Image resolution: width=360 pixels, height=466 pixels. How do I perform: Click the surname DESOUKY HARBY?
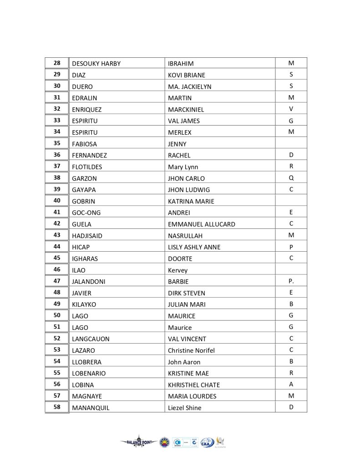point(96,64)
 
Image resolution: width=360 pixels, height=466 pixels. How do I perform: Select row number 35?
point(57,143)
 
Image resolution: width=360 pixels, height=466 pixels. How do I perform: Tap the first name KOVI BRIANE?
point(187,75)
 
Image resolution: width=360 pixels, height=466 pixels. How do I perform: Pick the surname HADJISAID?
point(88,236)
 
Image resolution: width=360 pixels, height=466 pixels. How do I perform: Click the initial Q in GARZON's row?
point(291,178)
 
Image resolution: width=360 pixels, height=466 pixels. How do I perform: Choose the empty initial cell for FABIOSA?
point(291,144)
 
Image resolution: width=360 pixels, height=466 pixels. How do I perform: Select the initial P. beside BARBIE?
point(291,281)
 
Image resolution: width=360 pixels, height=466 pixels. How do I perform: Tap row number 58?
point(57,407)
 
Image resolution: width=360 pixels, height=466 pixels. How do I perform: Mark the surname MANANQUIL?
point(91,408)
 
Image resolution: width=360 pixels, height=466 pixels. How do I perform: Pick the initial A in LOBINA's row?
point(291,384)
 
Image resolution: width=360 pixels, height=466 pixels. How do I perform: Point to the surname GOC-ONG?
point(86,213)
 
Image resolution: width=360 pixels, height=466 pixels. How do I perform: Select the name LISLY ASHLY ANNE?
point(194,247)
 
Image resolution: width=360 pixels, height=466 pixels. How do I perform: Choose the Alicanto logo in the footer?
point(221,441)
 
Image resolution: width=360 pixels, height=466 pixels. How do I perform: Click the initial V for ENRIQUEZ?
point(291,109)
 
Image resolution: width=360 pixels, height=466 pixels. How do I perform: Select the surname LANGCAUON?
point(91,339)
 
